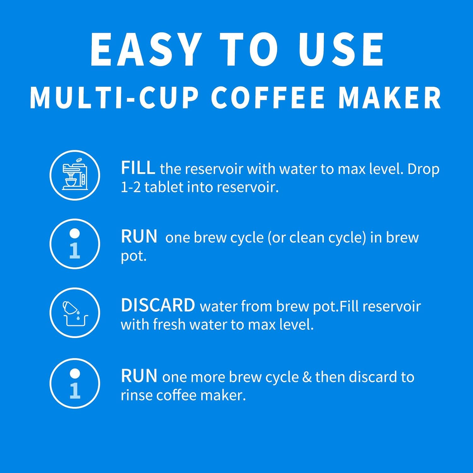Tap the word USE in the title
(341, 50)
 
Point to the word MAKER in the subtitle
(390, 98)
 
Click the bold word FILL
(138, 168)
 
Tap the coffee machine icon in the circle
(75, 175)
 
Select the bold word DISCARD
(158, 305)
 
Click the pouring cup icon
(75, 313)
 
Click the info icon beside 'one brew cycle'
(75, 244)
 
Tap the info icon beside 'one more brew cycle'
(75, 383)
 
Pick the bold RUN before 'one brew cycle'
(139, 237)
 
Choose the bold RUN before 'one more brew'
(139, 376)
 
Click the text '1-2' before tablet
(131, 187)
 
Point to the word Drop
(423, 169)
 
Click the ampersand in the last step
(307, 377)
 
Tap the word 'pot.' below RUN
(134, 256)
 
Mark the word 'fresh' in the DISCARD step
(169, 325)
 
